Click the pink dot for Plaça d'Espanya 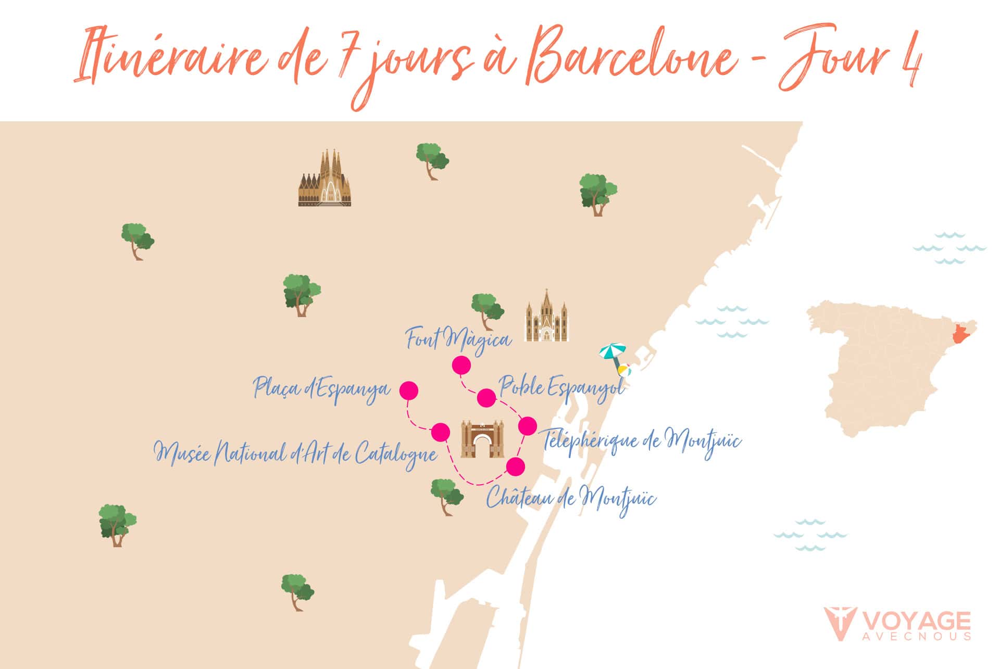[x=408, y=390]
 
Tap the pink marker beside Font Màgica [x=461, y=365]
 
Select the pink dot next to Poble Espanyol [x=486, y=398]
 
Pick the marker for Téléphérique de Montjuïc [x=527, y=426]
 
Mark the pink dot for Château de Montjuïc [x=516, y=466]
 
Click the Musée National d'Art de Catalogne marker [x=441, y=432]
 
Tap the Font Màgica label [x=458, y=340]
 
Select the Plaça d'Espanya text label [x=321, y=389]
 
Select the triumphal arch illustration [x=482, y=439]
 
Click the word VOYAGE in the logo [x=916, y=622]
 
